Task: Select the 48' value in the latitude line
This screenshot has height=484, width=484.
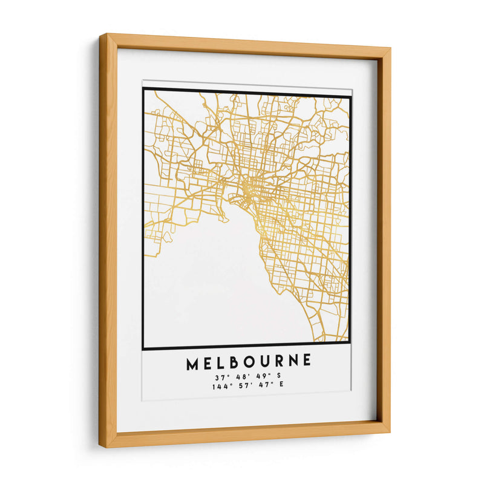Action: coord(240,377)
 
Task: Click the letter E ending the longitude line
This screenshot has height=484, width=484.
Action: coord(282,385)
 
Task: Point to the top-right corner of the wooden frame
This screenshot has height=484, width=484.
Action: coord(388,51)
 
